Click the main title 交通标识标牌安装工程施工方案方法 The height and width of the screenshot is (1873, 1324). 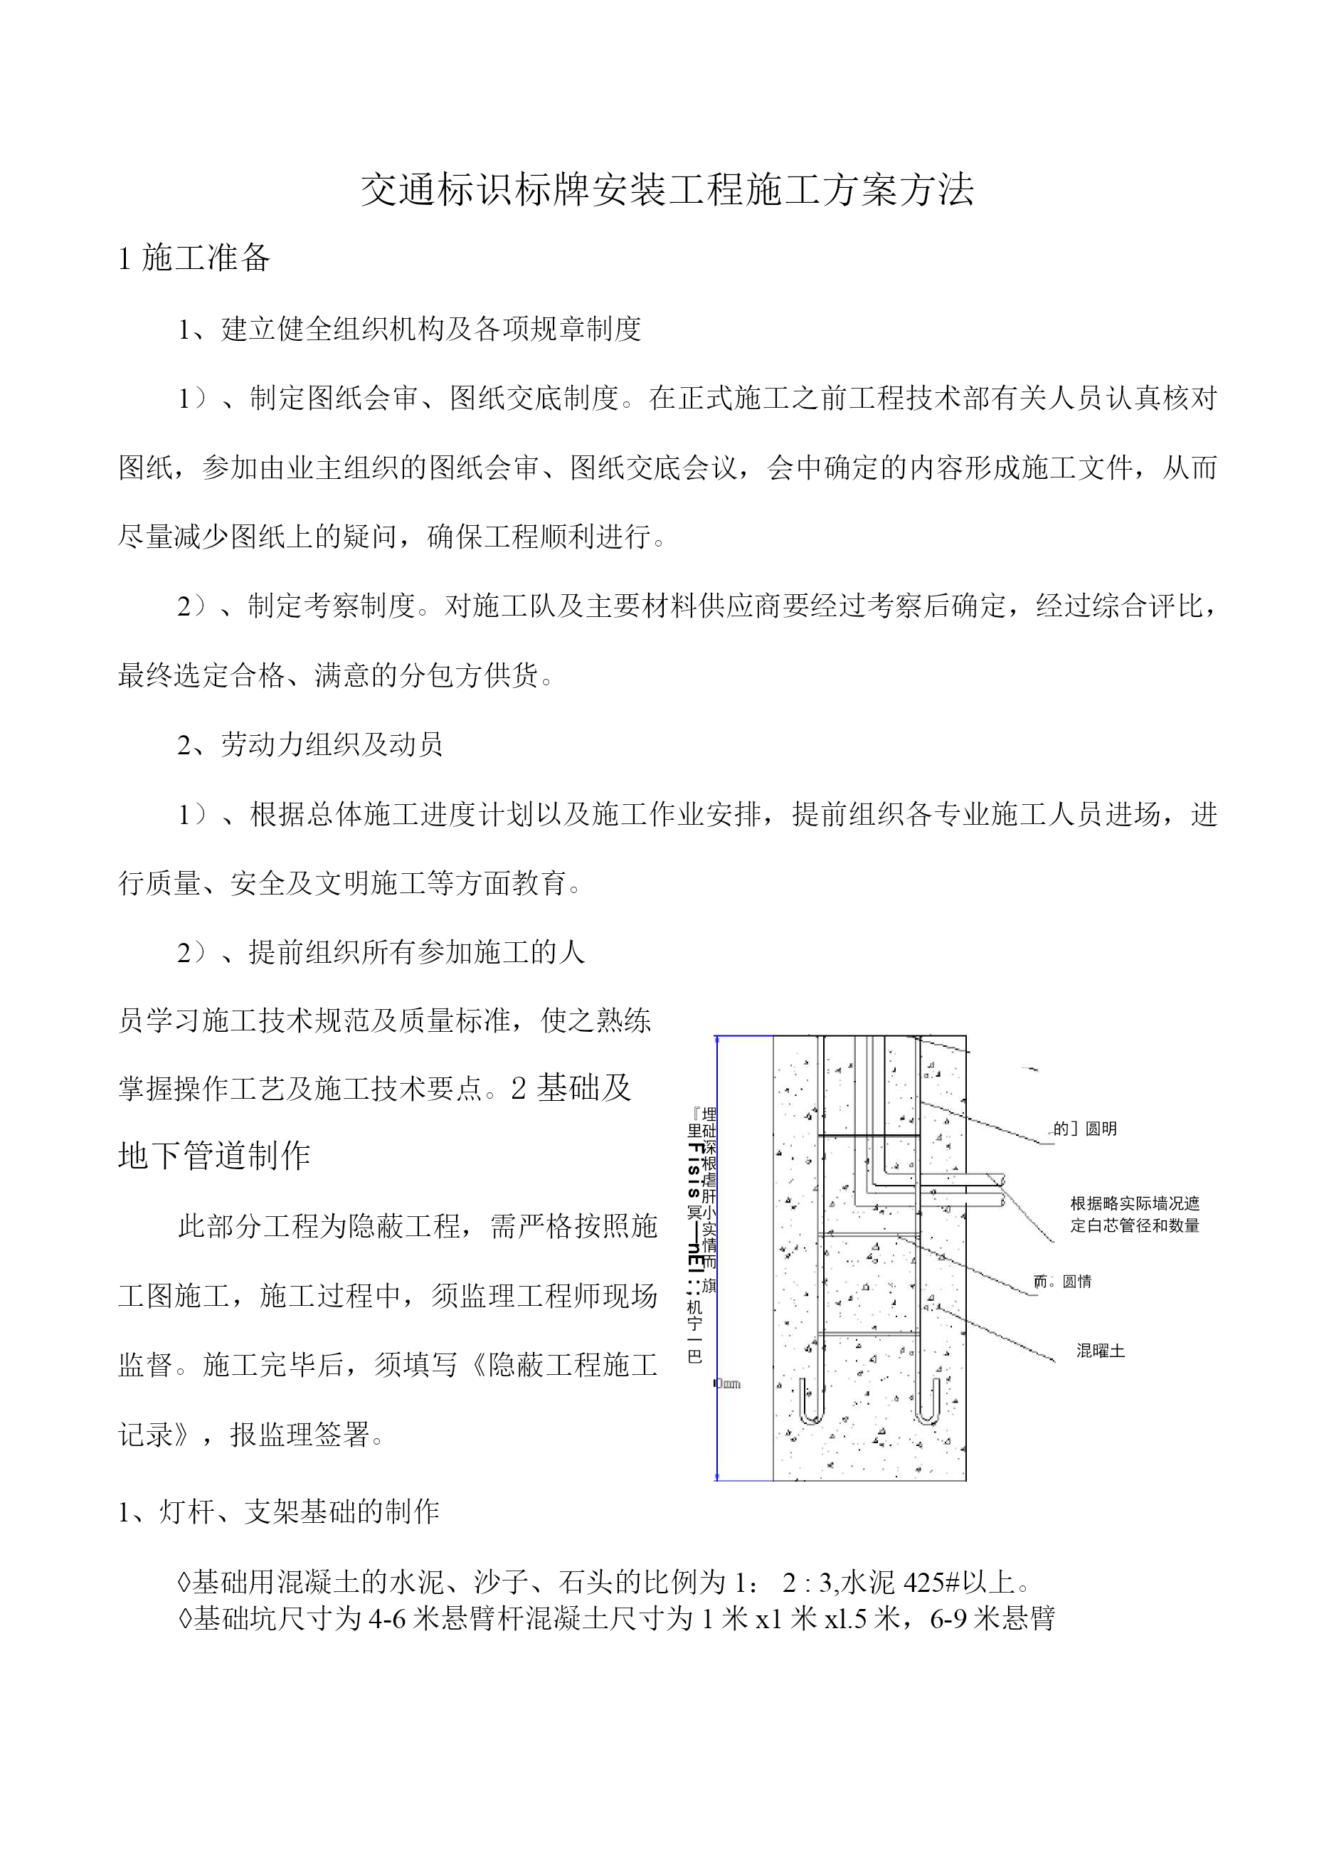tap(667, 190)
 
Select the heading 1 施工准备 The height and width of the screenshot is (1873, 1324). tap(194, 258)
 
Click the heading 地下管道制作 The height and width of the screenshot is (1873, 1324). tap(213, 1156)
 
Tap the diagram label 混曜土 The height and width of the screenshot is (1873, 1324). tap(1100, 1351)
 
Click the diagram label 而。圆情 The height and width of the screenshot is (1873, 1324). tap(1062, 1282)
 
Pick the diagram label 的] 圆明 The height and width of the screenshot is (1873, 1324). tap(1084, 1129)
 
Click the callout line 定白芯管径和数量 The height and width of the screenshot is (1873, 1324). tap(1135, 1225)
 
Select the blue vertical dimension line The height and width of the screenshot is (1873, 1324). tap(717, 1256)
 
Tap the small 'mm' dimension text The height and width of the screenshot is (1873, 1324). tap(729, 1383)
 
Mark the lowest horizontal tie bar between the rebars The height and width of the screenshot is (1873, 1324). tap(868, 1333)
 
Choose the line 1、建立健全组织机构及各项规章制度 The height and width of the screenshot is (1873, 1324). tap(410, 329)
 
